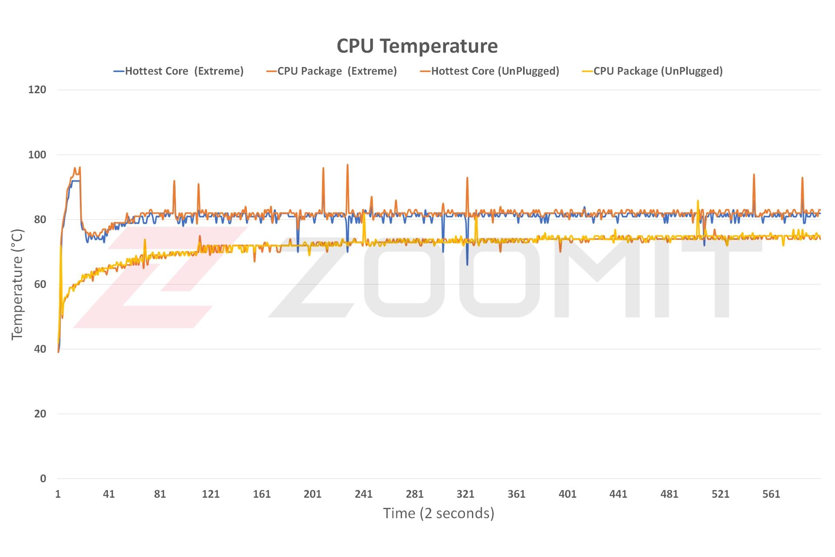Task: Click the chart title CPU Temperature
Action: pyautogui.click(x=417, y=46)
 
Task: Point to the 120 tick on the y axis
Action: pyautogui.click(x=37, y=90)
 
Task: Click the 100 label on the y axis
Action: pyautogui.click(x=37, y=154)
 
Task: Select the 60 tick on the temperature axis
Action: pyautogui.click(x=40, y=284)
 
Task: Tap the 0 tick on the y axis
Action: pyautogui.click(x=43, y=479)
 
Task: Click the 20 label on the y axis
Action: pyautogui.click(x=40, y=414)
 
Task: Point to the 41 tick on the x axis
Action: pyautogui.click(x=109, y=494)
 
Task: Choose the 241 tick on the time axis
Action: pyautogui.click(x=364, y=494)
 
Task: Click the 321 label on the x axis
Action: pyautogui.click(x=465, y=494)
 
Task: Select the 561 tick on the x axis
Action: pyautogui.click(x=771, y=494)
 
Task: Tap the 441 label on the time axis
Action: pyautogui.click(x=618, y=494)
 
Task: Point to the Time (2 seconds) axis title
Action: pyautogui.click(x=438, y=513)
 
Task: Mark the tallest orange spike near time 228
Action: pyautogui.click(x=347, y=165)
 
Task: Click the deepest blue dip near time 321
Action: pyautogui.click(x=468, y=265)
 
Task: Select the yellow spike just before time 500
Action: pyautogui.click(x=698, y=201)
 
